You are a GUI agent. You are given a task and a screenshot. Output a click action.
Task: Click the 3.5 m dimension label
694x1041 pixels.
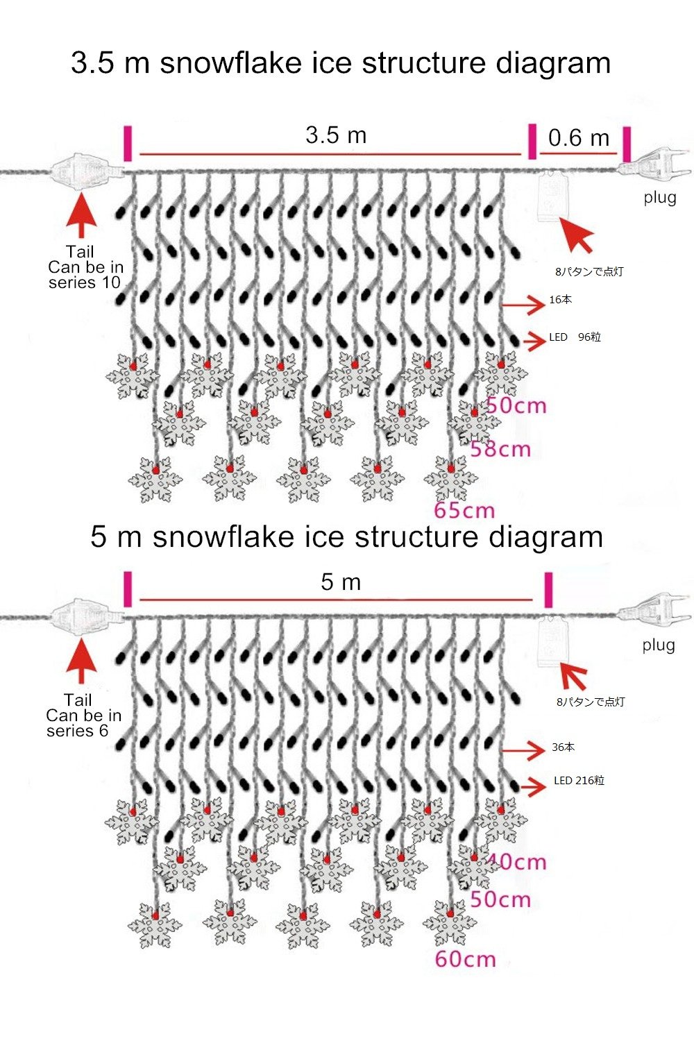pyautogui.click(x=336, y=135)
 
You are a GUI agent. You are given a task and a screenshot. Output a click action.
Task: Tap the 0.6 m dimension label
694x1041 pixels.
pyautogui.click(x=578, y=137)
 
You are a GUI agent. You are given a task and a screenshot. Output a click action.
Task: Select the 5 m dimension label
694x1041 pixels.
pyautogui.click(x=341, y=582)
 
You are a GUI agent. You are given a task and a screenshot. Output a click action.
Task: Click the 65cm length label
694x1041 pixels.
pyautogui.click(x=464, y=511)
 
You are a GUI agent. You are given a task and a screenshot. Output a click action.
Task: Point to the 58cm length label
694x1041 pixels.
pyautogui.click(x=500, y=449)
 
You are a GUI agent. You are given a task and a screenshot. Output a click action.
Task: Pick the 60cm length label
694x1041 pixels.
pyautogui.click(x=465, y=960)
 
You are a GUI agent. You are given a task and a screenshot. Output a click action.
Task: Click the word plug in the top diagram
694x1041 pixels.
pyautogui.click(x=659, y=198)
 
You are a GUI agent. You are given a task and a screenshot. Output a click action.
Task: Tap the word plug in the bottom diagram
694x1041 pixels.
pyautogui.click(x=658, y=645)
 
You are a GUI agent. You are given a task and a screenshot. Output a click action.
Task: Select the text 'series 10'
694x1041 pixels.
pyautogui.click(x=84, y=282)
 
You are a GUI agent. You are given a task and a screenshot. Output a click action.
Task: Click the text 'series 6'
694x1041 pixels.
pyautogui.click(x=77, y=731)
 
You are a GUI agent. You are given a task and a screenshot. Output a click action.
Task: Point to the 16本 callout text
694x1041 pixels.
pyautogui.click(x=560, y=300)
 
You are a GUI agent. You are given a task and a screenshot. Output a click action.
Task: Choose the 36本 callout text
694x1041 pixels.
pyautogui.click(x=563, y=747)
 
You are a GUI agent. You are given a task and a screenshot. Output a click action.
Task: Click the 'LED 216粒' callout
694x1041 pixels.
pyautogui.click(x=579, y=781)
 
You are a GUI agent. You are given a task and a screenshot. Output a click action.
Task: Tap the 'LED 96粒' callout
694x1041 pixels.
pyautogui.click(x=575, y=337)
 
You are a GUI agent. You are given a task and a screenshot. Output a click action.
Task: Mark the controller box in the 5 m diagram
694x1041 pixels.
pyautogui.click(x=554, y=643)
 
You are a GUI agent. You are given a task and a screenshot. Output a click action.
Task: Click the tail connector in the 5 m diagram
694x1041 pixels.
pyautogui.click(x=82, y=616)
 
